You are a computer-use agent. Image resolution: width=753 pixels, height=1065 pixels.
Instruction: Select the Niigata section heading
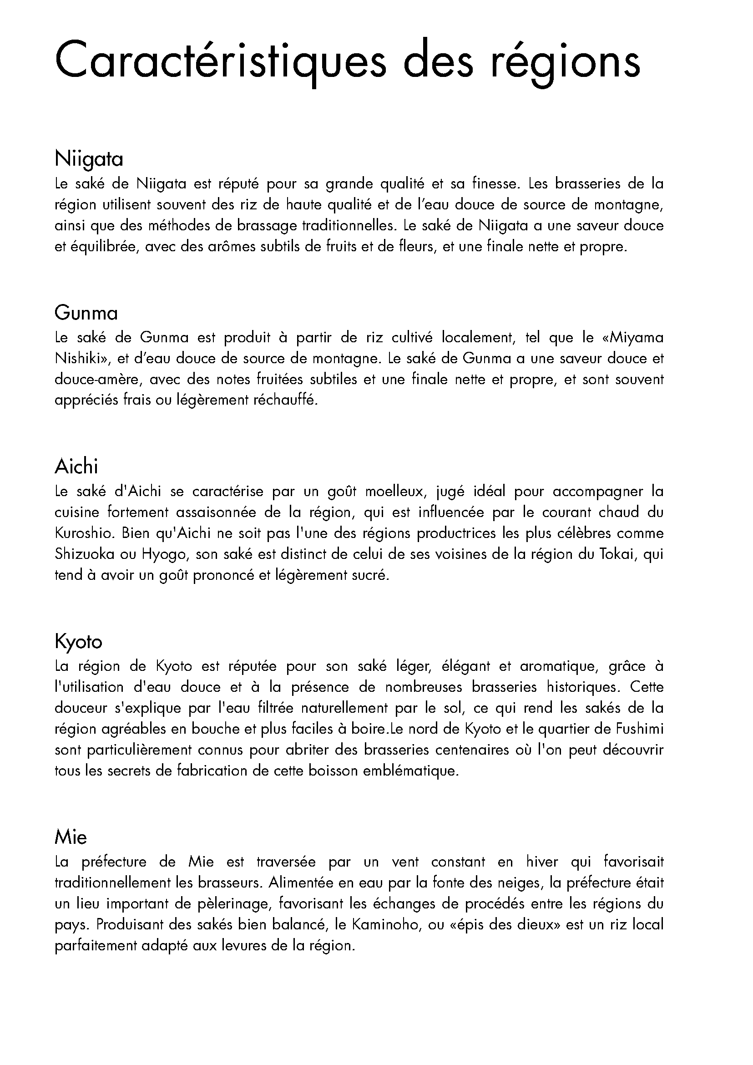pos(89,159)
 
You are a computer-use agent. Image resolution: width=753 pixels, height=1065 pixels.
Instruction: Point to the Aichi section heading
pos(76,467)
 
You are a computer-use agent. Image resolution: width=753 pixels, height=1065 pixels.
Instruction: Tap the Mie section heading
pos(71,837)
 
